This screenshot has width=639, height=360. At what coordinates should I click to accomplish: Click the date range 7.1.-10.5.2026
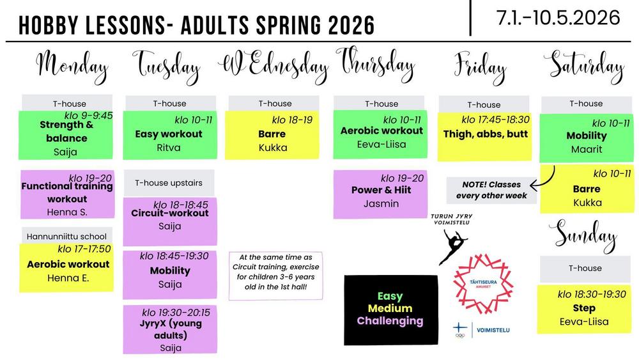[x=558, y=18]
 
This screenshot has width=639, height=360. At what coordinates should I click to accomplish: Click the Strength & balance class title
[x=67, y=131]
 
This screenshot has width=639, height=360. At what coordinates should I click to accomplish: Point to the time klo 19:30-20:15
[x=176, y=313]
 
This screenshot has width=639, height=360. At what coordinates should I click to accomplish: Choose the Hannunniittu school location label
[x=66, y=237]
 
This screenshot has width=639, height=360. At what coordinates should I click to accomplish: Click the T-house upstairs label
[x=169, y=183]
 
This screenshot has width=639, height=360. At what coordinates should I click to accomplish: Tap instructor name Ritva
[x=169, y=147]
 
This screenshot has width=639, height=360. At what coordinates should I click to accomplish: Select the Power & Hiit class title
[x=381, y=190]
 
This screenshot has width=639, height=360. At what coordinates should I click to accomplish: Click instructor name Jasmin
[x=381, y=203]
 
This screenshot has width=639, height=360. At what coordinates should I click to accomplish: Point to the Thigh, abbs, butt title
[x=486, y=134]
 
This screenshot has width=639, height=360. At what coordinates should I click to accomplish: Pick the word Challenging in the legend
[x=390, y=321]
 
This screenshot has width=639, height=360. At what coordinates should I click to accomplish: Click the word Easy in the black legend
[x=390, y=296]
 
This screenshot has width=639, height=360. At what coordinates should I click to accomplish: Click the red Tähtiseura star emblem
[x=483, y=284]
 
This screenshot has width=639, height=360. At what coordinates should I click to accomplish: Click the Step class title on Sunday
[x=584, y=308]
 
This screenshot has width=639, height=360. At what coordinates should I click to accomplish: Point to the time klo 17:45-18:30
[x=495, y=120]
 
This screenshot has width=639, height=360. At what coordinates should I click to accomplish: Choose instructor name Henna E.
[x=68, y=278]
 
